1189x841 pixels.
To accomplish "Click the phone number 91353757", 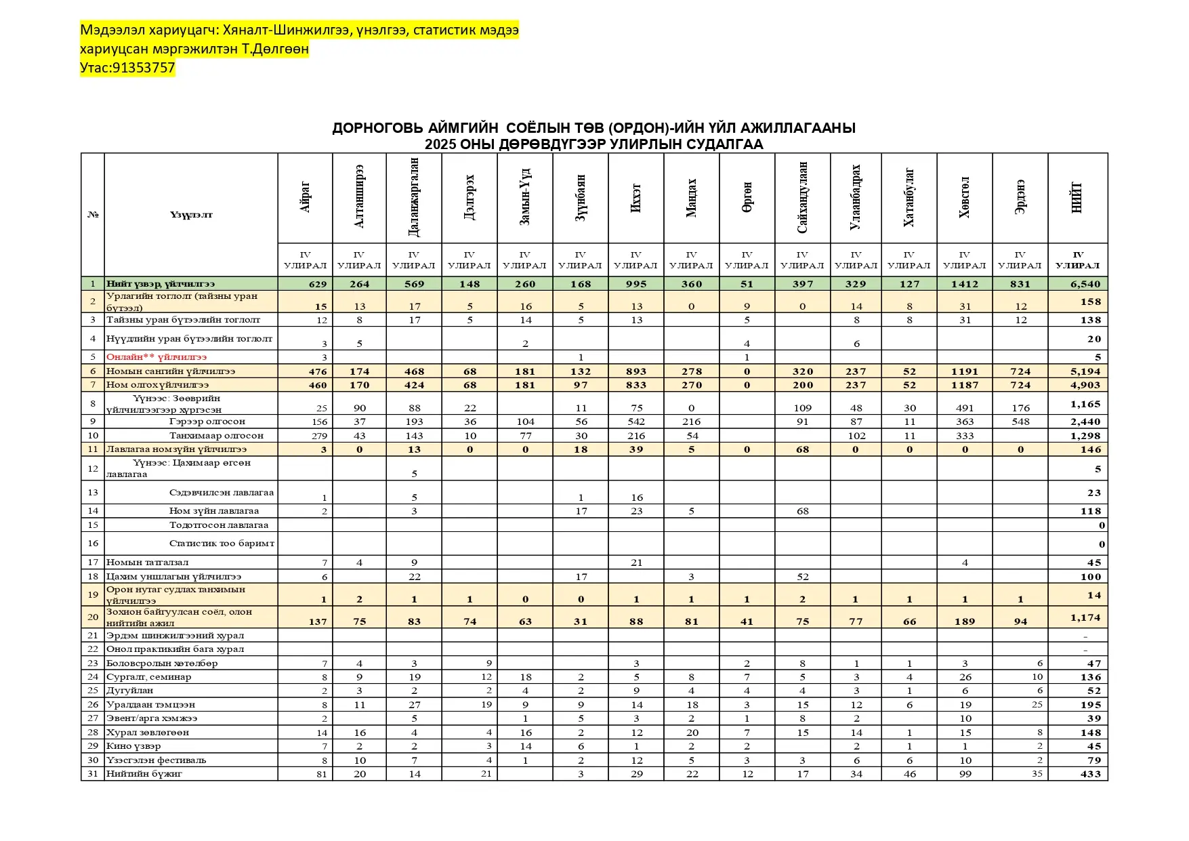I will (144, 68).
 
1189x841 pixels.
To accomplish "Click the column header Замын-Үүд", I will (525, 197).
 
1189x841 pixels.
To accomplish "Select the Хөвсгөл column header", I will (964, 197).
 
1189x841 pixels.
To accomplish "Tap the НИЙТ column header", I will (1077, 197).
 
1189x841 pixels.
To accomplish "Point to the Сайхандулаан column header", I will (803, 197).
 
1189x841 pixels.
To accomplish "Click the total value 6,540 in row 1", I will (1085, 284).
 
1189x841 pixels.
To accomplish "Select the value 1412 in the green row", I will (965, 284).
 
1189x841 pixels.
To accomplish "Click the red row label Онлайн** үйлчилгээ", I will (157, 356).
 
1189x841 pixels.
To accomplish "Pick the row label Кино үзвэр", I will (133, 746).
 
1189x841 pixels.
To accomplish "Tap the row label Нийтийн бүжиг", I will (144, 773).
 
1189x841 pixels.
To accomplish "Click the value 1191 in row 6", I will (965, 371).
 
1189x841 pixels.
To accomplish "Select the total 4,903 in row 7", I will (1085, 385).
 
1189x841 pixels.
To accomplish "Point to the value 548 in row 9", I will (1020, 422).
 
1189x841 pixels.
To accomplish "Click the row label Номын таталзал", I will (148, 562).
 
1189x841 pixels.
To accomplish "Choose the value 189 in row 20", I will (965, 621).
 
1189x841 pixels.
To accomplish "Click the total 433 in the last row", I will (1090, 774).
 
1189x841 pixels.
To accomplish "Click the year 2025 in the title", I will (440, 144).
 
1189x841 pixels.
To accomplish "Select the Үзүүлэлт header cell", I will (191, 215).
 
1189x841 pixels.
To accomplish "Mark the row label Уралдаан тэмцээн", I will (150, 705).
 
